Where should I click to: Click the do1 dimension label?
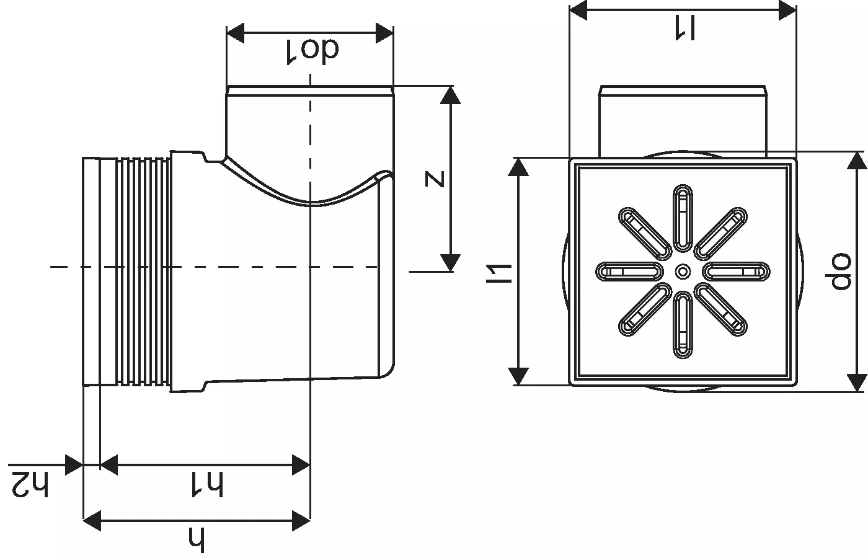[312, 50]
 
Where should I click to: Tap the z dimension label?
[435, 179]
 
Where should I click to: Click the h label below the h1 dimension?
[197, 539]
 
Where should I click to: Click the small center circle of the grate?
[683, 271]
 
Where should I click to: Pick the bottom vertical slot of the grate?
[683, 325]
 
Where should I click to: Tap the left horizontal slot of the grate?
[629, 272]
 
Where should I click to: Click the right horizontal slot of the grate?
[737, 272]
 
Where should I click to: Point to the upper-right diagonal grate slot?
[720, 233]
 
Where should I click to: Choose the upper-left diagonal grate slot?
[645, 233]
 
